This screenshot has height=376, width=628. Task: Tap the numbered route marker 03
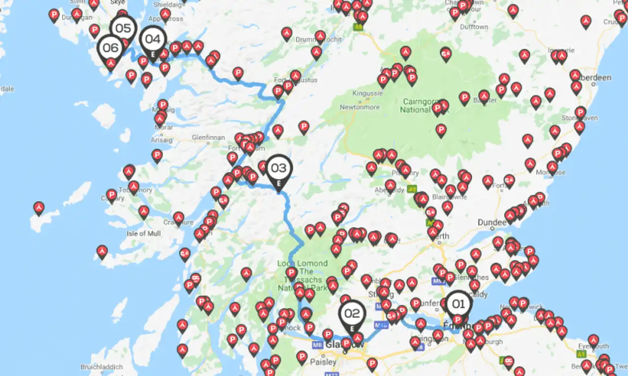[279, 168]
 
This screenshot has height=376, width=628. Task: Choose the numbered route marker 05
[123, 28]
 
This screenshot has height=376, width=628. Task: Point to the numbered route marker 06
[111, 48]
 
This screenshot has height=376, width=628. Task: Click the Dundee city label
[492, 222]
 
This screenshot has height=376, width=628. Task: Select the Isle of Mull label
[143, 233]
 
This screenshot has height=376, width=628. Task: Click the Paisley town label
[323, 362]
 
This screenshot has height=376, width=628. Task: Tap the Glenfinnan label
[208, 138]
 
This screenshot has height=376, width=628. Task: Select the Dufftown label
[473, 27]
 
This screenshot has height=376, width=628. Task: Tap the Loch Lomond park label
[303, 275]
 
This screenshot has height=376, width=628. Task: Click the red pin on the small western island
[39, 208]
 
